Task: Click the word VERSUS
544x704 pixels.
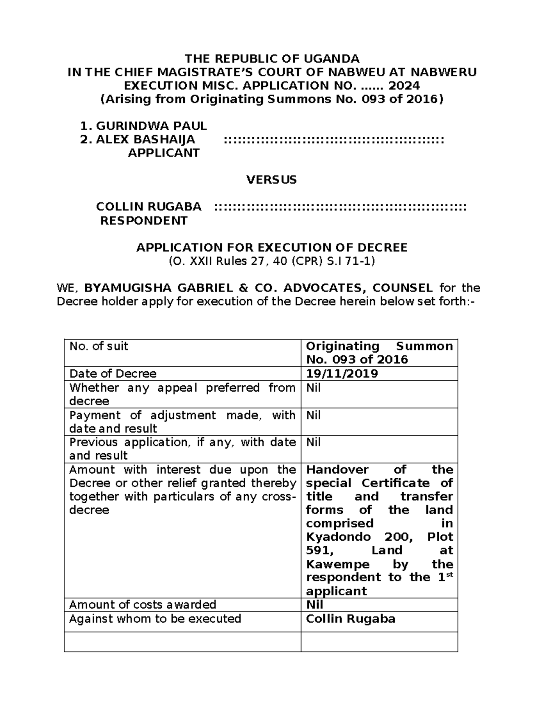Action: (272, 180)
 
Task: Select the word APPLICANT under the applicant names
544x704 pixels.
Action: (164, 153)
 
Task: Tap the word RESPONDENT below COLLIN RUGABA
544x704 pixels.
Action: (144, 221)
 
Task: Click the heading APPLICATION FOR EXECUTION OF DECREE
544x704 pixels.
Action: (272, 248)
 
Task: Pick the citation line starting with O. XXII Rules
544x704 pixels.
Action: (272, 261)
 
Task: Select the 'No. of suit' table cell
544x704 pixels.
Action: (98, 346)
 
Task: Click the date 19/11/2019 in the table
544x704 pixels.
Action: (342, 374)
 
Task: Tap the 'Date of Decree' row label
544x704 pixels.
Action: (112, 374)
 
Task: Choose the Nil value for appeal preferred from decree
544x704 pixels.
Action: (313, 388)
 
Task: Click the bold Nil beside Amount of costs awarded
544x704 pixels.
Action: (315, 605)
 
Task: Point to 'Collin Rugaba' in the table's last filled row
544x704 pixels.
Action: (350, 619)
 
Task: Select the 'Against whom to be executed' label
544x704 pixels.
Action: (155, 619)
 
